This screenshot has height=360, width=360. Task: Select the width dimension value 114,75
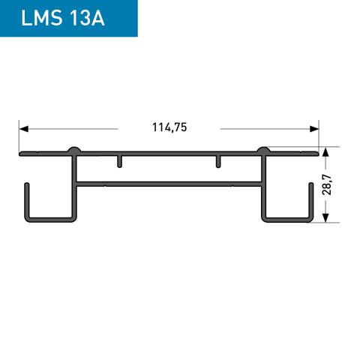pyautogui.click(x=169, y=127)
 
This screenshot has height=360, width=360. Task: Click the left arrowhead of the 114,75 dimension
pyautogui.click(x=24, y=128)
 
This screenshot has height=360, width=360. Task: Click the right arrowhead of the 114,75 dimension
pyautogui.click(x=314, y=128)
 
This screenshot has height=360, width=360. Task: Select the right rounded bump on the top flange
pyautogui.click(x=264, y=151)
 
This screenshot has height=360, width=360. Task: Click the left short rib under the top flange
pyautogui.click(x=119, y=161)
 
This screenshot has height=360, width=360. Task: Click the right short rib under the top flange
pyautogui.click(x=218, y=161)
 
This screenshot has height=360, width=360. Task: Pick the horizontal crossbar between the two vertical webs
pyautogui.click(x=169, y=182)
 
